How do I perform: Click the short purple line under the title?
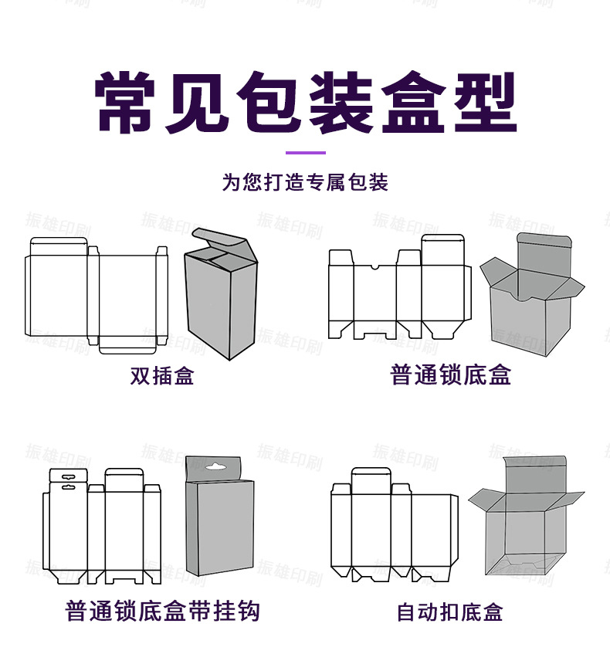305,153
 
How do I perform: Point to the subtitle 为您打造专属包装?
305,183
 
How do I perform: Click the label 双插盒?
162,376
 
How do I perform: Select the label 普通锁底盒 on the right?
451,376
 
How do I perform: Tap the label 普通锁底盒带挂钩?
162,612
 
